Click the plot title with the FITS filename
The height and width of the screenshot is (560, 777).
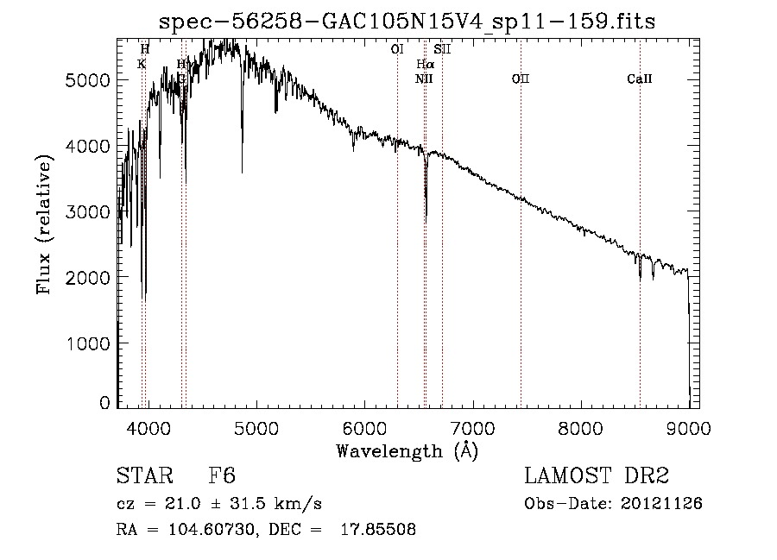408,22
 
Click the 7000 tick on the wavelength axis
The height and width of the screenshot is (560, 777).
472,425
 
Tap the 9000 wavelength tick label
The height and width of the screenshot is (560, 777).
688,425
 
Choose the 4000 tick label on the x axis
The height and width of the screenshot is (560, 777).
148,425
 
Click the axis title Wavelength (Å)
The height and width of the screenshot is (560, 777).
407,450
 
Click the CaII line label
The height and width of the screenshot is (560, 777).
640,79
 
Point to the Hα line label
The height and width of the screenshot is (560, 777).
425,65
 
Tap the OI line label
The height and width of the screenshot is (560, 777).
397,50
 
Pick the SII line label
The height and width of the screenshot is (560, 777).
442,50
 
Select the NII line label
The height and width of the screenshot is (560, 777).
424,79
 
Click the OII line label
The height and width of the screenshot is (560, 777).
521,79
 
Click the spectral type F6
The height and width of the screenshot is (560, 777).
222,476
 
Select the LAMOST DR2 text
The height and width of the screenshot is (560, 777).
597,476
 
